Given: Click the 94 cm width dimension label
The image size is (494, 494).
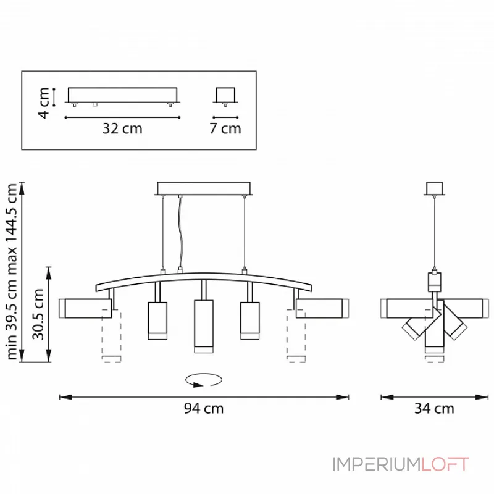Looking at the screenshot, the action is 204,408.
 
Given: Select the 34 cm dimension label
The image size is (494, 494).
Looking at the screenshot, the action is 434,408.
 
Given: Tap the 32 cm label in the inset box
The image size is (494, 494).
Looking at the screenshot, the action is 122,128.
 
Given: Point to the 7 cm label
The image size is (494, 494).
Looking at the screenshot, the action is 225,128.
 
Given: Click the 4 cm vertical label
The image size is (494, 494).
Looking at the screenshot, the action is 44,103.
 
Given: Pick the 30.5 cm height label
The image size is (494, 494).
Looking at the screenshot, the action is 38,314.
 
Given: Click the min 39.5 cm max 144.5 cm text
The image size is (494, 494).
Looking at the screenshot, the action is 11,272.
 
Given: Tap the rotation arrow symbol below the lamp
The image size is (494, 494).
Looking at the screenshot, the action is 204,380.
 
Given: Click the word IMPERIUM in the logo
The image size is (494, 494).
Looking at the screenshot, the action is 377,464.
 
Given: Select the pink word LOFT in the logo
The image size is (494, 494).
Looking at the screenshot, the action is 445,464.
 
